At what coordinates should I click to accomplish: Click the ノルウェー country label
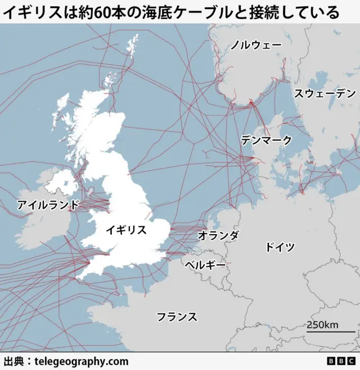256,45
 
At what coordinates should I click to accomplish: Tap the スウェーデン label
325,93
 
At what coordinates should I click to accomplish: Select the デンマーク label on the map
266,140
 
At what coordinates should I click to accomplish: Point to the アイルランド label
48,204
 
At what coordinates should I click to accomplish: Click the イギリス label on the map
127,230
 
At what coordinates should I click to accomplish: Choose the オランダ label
218,235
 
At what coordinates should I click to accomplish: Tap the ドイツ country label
280,247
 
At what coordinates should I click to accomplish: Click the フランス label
177,316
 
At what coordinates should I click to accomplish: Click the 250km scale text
323,324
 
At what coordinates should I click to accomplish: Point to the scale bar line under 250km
323,332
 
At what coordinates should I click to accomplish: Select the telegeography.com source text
82,362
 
